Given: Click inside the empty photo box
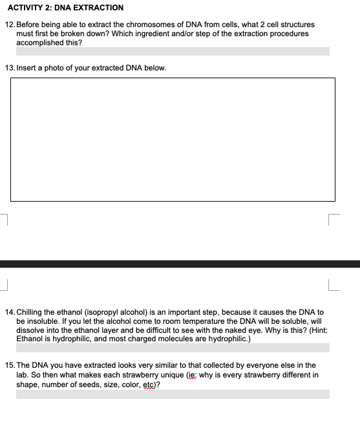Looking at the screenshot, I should coord(173,139).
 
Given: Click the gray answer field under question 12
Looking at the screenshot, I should coord(173,51).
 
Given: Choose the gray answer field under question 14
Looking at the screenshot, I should coord(173,348).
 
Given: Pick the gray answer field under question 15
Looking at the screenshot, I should coord(173,394).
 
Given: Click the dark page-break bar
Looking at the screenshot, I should coord(180,264).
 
